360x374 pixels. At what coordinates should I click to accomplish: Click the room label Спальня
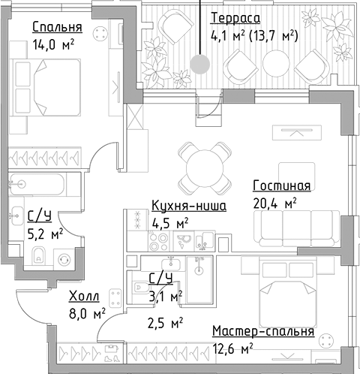pyautogui.click(x=56, y=29)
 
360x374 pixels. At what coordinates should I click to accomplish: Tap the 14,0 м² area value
pyautogui.click(x=52, y=44)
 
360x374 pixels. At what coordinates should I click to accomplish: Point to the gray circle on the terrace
pyautogui.click(x=199, y=63)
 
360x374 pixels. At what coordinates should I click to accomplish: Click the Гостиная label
pyautogui.click(x=281, y=186)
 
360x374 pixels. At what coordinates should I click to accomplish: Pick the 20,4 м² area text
pyautogui.click(x=275, y=202)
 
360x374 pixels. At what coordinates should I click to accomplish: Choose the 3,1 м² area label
pyautogui.click(x=165, y=297)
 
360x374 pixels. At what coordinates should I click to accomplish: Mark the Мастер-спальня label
pyautogui.click(x=262, y=331)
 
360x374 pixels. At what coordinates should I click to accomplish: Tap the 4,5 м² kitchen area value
pyautogui.click(x=169, y=222)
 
